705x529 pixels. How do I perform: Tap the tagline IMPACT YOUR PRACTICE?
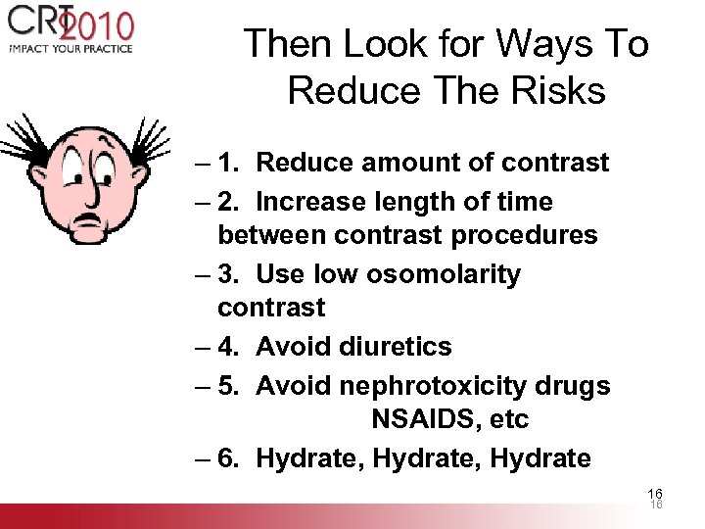tap(70, 48)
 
